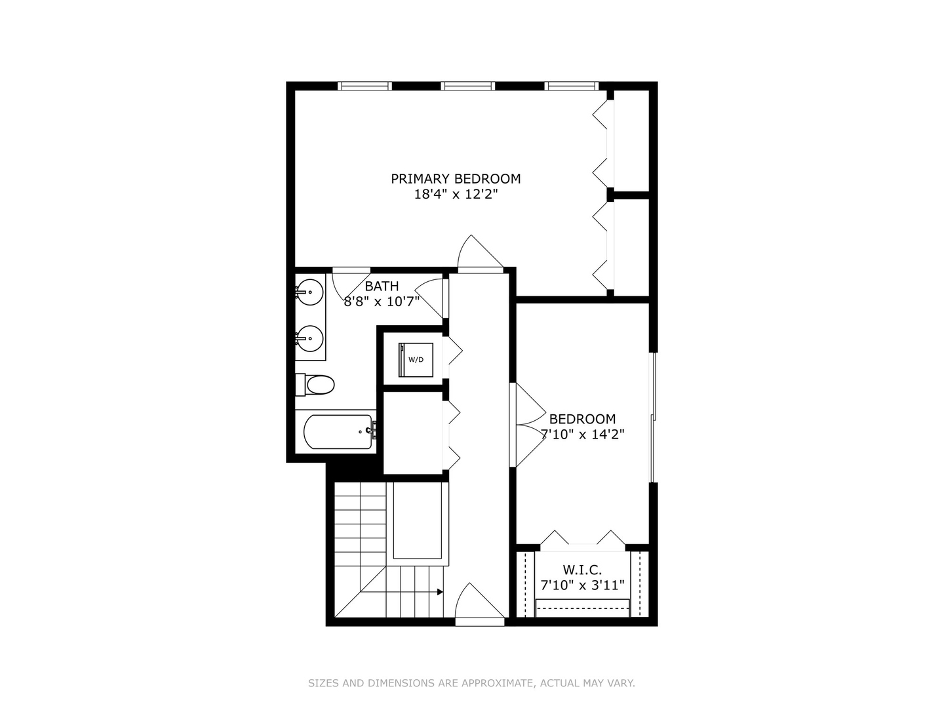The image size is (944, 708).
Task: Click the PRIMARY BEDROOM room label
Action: (x=456, y=178)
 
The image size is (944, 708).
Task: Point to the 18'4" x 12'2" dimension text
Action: (x=456, y=194)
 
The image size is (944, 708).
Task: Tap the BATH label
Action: (x=382, y=286)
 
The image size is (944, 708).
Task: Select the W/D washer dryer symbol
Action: (x=416, y=359)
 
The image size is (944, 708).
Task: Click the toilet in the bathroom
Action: (x=315, y=385)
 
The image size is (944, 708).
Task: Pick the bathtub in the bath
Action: (x=339, y=431)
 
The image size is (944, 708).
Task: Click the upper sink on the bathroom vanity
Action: (x=309, y=292)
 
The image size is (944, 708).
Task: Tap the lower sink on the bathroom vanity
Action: (x=309, y=338)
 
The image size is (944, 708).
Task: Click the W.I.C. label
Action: (x=582, y=570)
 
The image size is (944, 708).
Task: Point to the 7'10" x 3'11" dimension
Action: (x=582, y=585)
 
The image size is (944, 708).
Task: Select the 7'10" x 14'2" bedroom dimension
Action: (x=582, y=435)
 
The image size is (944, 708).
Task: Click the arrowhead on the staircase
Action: (x=440, y=592)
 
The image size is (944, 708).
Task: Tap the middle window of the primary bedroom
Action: (x=467, y=86)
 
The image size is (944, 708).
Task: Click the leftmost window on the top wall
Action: (x=364, y=86)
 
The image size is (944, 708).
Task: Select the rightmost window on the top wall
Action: (x=572, y=86)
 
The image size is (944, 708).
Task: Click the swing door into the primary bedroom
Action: (x=480, y=254)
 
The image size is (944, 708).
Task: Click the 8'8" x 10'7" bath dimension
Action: (x=382, y=302)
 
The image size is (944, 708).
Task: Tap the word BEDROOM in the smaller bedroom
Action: (x=582, y=419)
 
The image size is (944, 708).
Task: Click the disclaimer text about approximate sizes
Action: (x=471, y=683)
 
